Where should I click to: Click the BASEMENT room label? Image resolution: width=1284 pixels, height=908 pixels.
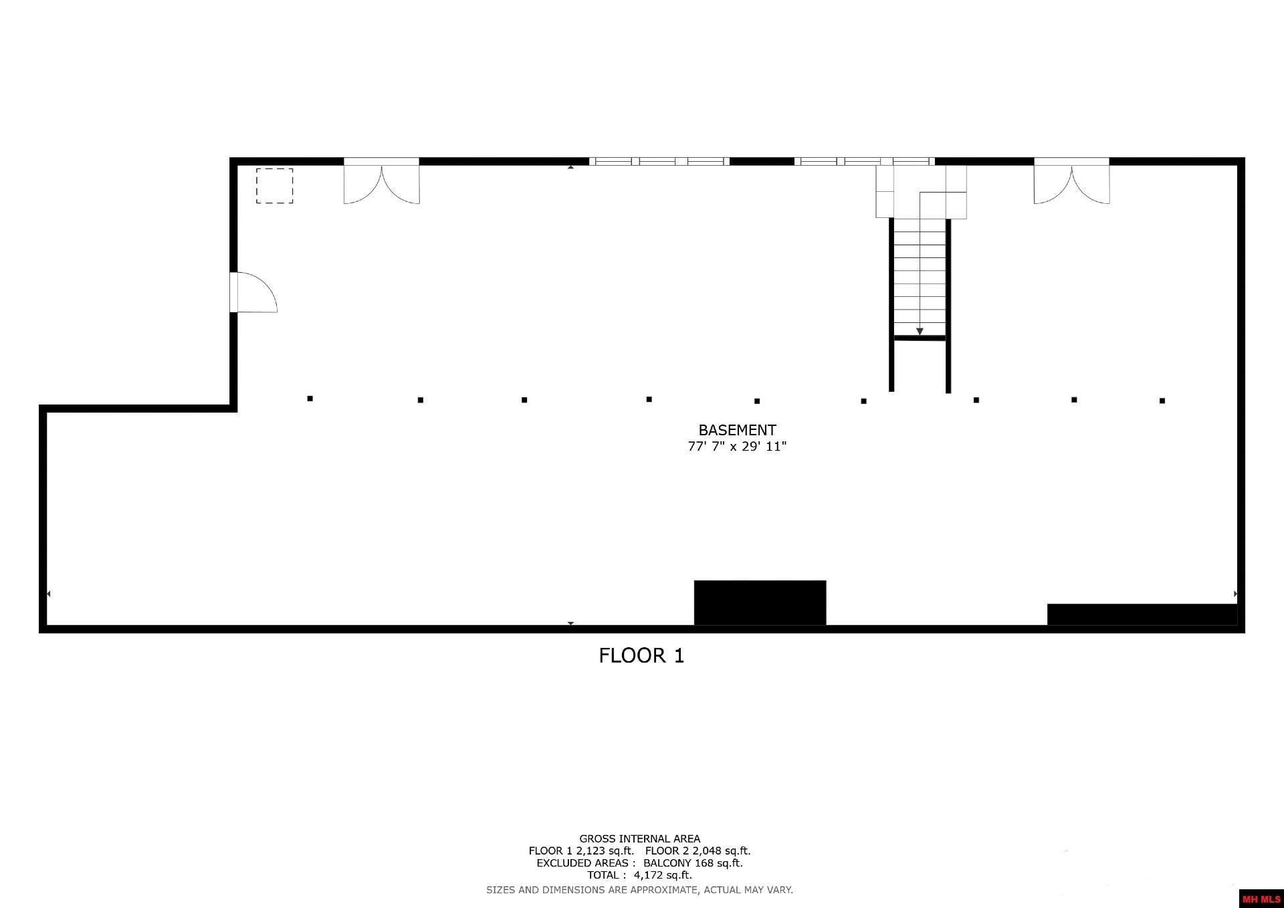(737, 430)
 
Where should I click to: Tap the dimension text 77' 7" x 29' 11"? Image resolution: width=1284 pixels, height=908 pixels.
(737, 447)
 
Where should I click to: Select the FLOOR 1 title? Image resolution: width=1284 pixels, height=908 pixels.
(641, 655)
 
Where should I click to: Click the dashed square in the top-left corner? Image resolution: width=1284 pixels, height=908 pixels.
(274, 185)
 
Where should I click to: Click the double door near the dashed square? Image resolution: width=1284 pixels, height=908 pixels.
(381, 182)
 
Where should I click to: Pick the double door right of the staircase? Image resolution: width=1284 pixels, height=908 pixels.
(1071, 182)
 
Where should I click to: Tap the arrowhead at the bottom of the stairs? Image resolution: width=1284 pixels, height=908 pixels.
(920, 331)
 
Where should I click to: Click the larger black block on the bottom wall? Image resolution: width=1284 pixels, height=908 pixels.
(760, 602)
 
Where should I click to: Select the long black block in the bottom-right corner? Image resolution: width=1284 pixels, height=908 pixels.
(1142, 614)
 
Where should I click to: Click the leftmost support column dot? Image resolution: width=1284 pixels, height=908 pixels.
(310, 399)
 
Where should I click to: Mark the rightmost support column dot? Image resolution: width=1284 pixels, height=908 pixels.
(1162, 401)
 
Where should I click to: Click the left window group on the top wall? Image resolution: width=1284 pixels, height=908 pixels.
(659, 161)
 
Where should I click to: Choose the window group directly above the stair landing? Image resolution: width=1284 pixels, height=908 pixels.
(864, 161)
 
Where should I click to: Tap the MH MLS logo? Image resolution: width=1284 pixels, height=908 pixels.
(1261, 899)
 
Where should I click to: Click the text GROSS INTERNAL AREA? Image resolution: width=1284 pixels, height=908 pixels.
(639, 838)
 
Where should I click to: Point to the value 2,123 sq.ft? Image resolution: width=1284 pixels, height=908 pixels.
(605, 851)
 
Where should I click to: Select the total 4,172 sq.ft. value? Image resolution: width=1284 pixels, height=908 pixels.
(663, 875)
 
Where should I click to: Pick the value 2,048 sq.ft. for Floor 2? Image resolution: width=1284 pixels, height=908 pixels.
(721, 851)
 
